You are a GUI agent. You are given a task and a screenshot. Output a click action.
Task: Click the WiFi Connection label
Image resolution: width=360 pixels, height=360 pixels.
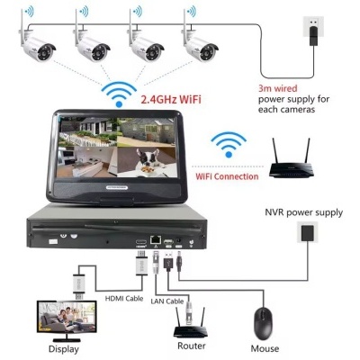(x=228, y=176)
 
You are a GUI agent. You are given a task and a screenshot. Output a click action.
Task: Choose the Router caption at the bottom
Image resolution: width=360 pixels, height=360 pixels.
(x=192, y=346)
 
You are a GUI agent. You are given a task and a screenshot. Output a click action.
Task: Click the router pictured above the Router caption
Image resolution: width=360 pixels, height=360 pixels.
(x=191, y=320)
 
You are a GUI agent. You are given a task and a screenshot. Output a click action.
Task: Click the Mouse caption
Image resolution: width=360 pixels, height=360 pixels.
(x=265, y=347)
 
